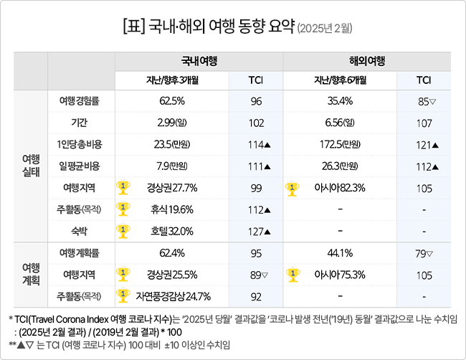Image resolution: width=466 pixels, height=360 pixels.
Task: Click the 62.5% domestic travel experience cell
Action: (172, 101)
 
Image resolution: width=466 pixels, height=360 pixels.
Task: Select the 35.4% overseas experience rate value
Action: (340, 101)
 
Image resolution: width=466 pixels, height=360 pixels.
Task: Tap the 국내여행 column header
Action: (199, 61)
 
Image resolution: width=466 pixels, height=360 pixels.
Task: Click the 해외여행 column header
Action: (367, 61)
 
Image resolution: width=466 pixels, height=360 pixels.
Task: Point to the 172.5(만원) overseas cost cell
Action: (340, 144)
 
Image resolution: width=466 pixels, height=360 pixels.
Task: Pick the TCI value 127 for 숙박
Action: (256, 232)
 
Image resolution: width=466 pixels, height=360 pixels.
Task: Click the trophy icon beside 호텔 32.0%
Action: (123, 232)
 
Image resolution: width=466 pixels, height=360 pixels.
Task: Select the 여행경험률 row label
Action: (79, 101)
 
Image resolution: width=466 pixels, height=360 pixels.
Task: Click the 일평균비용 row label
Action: (79, 166)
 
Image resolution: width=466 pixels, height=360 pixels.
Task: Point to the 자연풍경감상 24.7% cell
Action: (173, 296)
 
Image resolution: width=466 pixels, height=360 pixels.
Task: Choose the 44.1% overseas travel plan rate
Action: (340, 253)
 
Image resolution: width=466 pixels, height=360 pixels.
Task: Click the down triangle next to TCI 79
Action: (429, 254)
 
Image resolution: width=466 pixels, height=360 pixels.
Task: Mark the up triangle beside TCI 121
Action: (435, 145)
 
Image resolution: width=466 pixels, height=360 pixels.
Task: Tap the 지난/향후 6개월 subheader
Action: (340, 80)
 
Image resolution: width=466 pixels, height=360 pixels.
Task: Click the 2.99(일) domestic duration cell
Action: (172, 123)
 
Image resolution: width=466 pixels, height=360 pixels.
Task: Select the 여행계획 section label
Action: (31, 275)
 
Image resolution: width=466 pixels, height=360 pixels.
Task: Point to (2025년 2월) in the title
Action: (325, 29)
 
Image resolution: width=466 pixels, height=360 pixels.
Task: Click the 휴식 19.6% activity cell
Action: (172, 209)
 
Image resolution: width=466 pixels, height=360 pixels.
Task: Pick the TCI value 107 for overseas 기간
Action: (424, 123)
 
